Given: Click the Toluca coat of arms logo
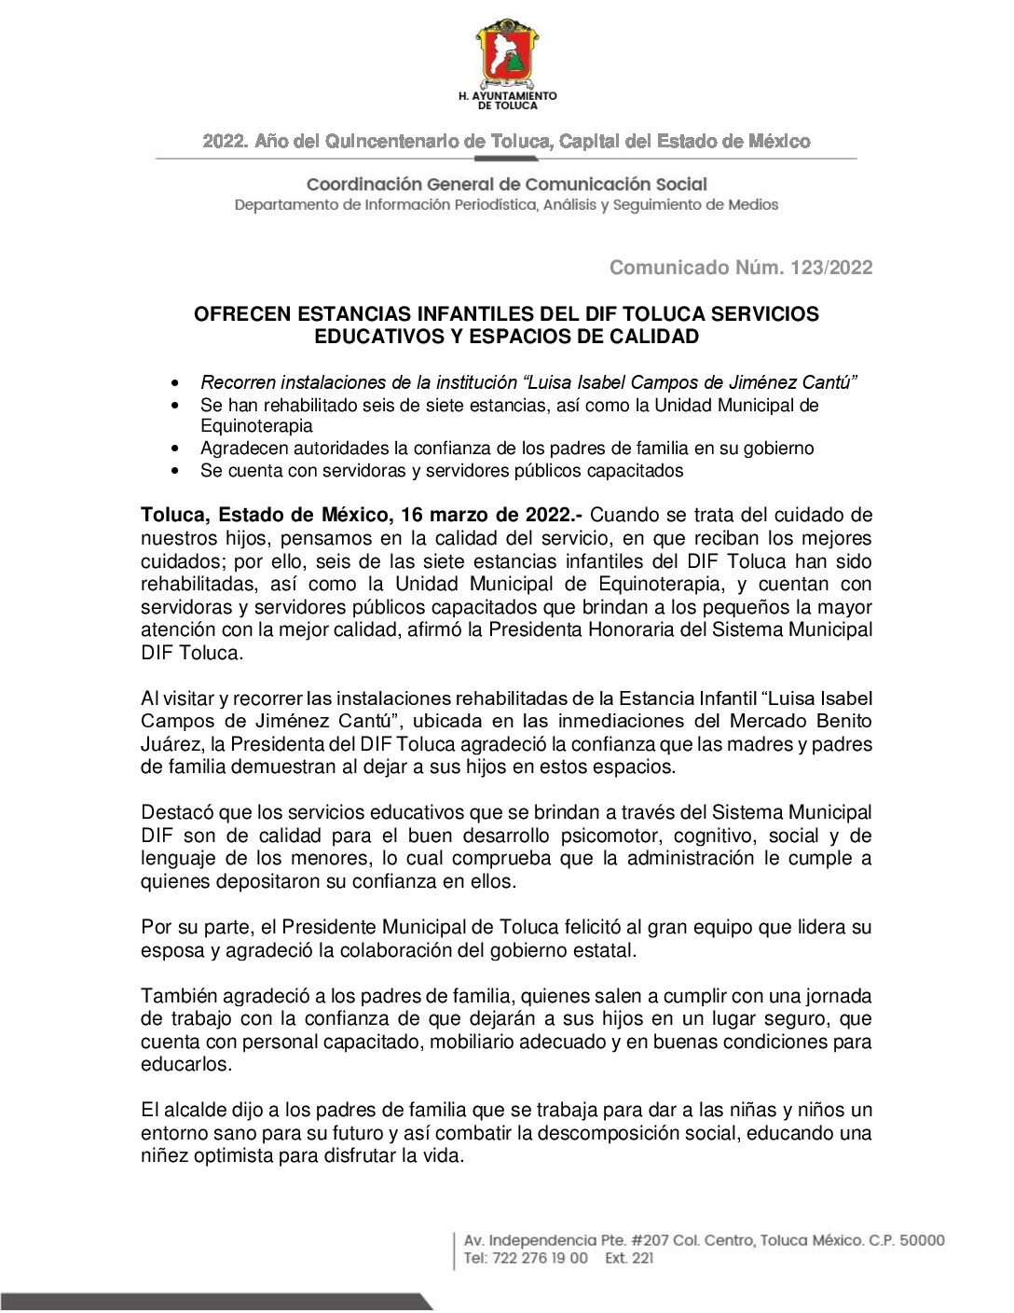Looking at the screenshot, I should [507, 53].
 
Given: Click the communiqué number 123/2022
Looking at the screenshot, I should [831, 268].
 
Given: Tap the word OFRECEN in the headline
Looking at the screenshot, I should [242, 314].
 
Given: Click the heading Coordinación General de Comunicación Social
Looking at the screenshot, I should [507, 185].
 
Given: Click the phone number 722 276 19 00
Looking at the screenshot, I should [541, 1258].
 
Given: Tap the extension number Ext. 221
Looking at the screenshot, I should [629, 1258].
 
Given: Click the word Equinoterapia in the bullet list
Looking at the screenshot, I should [256, 426].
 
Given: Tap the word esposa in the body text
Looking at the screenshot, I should [172, 950].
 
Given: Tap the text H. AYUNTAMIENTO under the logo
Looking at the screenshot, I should [507, 96].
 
